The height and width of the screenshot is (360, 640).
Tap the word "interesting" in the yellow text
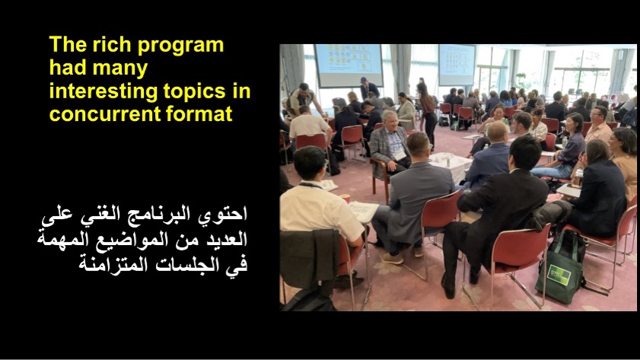(103, 91)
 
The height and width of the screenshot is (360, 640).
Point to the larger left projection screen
(349, 65)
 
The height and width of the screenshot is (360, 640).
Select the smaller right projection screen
(457, 65)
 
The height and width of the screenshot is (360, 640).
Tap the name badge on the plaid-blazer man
(400, 155)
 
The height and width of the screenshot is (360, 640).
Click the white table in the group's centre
(451, 164)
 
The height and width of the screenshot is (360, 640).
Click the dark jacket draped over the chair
(310, 259)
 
